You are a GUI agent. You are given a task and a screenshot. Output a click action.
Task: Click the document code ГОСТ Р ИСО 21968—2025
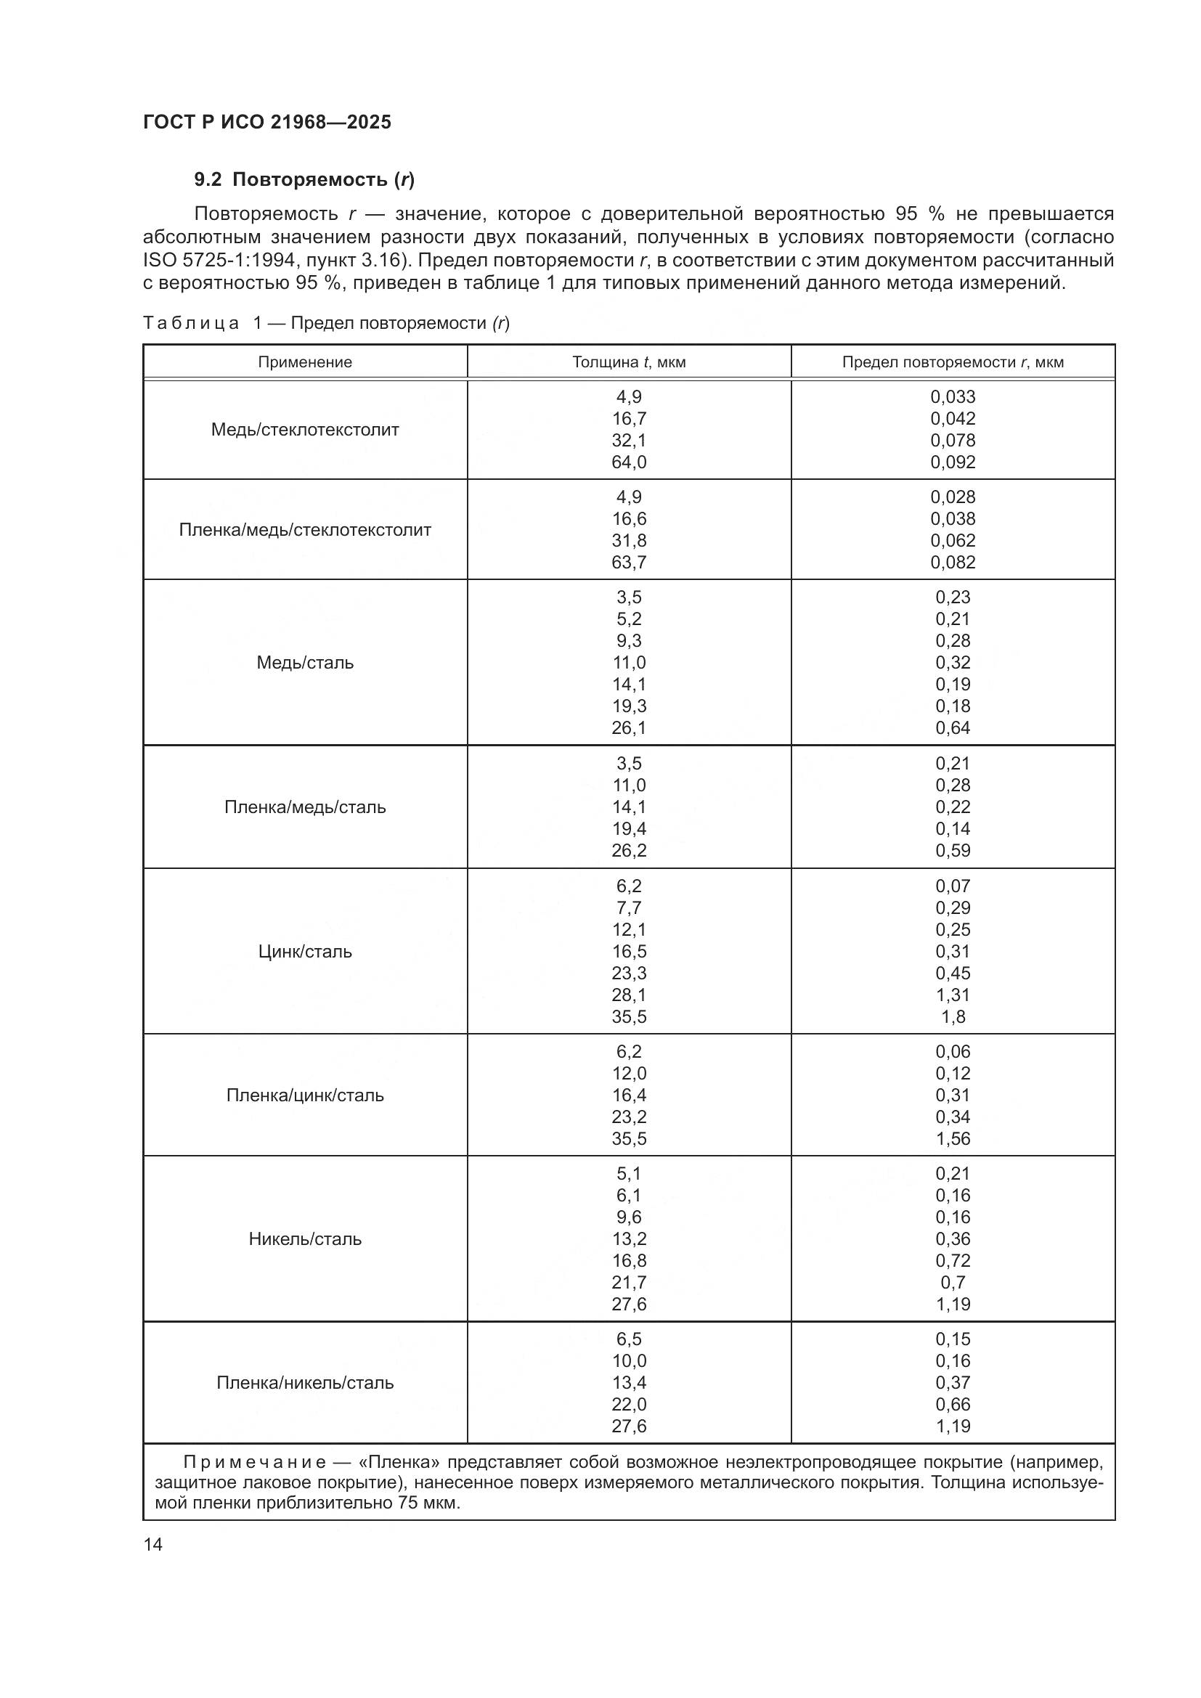[x=267, y=122]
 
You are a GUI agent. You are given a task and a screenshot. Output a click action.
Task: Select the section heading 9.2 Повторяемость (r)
[x=304, y=179]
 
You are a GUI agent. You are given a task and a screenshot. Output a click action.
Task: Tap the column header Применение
[x=305, y=362]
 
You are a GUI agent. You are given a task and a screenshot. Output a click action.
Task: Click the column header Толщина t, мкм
[x=629, y=362]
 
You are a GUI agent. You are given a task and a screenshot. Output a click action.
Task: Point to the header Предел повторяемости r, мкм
[x=953, y=362]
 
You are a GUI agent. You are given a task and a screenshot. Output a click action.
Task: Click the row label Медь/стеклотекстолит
[x=305, y=430]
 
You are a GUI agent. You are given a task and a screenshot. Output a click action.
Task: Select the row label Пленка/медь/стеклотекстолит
[x=305, y=529]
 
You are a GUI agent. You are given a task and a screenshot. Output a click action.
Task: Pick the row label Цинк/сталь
[x=305, y=951]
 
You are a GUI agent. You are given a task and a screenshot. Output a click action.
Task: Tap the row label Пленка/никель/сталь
[x=305, y=1382]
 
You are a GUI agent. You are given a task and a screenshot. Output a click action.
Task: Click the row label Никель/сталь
[x=305, y=1238]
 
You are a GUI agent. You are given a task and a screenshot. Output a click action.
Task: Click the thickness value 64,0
[x=629, y=462]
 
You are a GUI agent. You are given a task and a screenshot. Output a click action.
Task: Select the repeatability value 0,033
[x=953, y=397]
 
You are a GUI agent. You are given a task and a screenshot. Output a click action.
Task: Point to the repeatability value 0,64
[x=953, y=727]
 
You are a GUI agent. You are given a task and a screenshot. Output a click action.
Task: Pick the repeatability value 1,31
[x=953, y=995]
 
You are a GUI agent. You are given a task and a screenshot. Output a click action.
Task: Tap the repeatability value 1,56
[x=953, y=1138]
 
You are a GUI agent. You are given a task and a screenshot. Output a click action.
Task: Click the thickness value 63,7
[x=629, y=562]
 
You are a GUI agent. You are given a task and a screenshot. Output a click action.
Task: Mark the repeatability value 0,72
[x=953, y=1260]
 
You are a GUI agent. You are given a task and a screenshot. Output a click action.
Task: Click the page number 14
[x=153, y=1544]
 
